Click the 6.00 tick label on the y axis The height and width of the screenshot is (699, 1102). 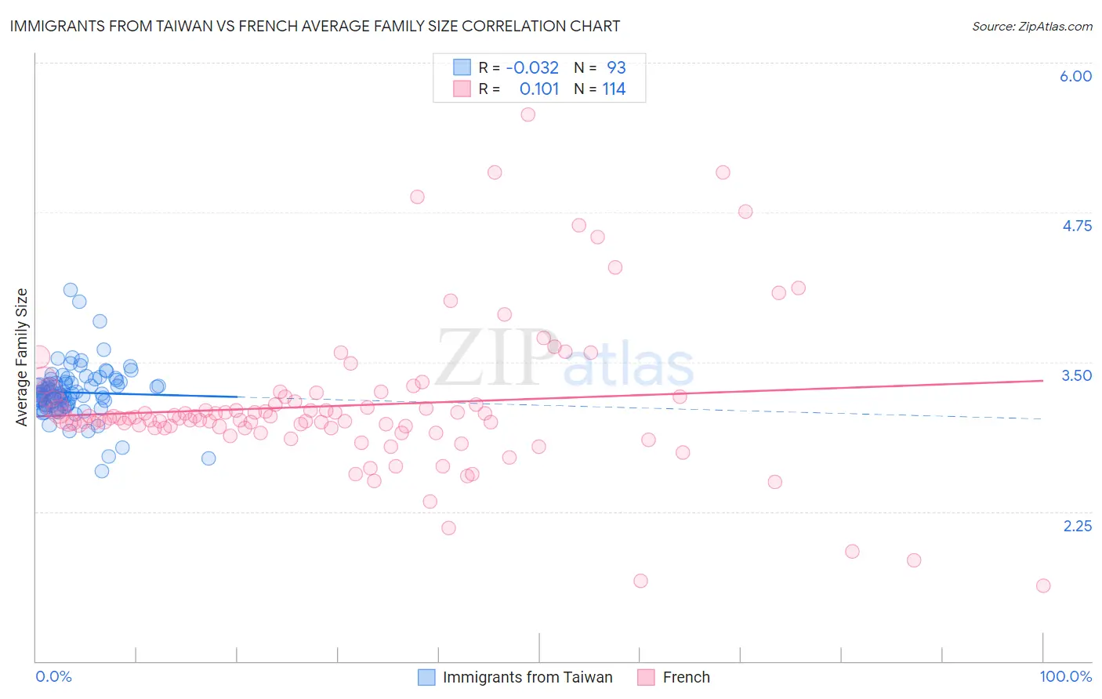(1075, 76)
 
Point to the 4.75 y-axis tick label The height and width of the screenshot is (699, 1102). (1076, 226)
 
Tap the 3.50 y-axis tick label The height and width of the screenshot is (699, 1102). (1076, 375)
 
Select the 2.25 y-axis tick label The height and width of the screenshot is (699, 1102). (1077, 526)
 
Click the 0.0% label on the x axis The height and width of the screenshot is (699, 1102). (53, 677)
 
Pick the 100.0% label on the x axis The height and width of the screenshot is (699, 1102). (1065, 677)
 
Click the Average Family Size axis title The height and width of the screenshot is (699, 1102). (22, 357)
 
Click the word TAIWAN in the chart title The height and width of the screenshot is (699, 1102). (202, 27)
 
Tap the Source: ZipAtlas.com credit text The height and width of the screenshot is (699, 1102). (1031, 27)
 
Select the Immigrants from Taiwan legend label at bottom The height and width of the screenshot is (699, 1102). (527, 677)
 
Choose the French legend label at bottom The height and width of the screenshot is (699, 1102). (686, 677)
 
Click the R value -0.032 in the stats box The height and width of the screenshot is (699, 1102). (532, 68)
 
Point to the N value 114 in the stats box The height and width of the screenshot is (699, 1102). (614, 89)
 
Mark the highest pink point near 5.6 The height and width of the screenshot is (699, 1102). (527, 114)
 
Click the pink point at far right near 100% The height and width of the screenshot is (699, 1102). (1042, 585)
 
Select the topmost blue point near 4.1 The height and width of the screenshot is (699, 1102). (71, 290)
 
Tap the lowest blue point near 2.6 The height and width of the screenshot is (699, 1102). (102, 471)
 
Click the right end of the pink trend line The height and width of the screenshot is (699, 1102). (1042, 380)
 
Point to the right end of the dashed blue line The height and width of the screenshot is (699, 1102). (1042, 419)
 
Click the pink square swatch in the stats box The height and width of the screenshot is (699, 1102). (462, 89)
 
